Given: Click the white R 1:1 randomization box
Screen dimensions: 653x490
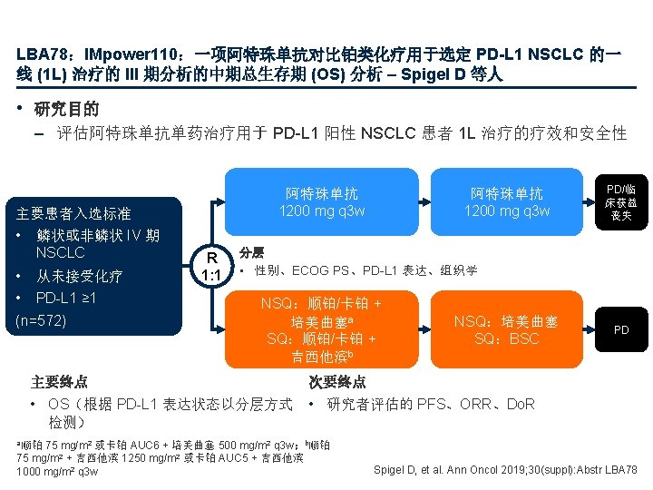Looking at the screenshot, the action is click(210, 265).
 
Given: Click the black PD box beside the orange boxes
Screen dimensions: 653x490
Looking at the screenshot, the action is click(621, 329).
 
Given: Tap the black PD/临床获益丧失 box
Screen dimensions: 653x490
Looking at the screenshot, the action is click(621, 203).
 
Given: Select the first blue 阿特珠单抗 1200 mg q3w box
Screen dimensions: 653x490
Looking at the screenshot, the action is click(322, 202).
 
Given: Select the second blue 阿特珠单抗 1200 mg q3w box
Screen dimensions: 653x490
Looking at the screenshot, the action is click(507, 202).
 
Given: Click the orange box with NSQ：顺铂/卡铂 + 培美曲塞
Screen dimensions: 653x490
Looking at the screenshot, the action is click(322, 329).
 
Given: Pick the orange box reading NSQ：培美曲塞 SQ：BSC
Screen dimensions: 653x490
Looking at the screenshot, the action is click(506, 329).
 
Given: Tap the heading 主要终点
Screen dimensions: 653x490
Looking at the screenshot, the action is click(59, 382).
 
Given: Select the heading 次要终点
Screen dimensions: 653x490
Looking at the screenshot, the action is click(336, 382).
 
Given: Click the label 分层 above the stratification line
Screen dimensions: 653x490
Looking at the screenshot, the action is click(251, 251).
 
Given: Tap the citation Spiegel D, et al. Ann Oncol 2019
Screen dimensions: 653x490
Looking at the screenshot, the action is click(505, 469).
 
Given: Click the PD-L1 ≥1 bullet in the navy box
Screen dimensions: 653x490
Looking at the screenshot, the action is click(65, 298).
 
